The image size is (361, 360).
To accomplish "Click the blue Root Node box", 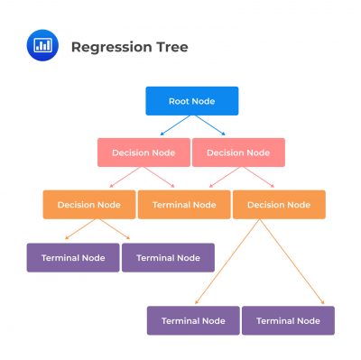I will click(x=191, y=101).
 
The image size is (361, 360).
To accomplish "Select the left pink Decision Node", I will click(x=143, y=152).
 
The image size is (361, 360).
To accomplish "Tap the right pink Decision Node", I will click(x=238, y=152).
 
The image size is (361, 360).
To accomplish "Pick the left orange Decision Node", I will click(x=88, y=205).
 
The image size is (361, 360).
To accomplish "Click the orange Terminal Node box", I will click(x=183, y=205).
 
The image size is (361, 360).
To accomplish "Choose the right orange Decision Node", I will click(x=279, y=205).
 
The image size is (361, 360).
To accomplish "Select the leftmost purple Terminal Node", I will click(x=73, y=257).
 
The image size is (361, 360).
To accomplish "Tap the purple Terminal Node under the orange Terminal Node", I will click(x=168, y=257).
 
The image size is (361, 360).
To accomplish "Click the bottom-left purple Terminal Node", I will click(x=193, y=320).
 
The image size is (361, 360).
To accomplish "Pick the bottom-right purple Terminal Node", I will click(x=288, y=320).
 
